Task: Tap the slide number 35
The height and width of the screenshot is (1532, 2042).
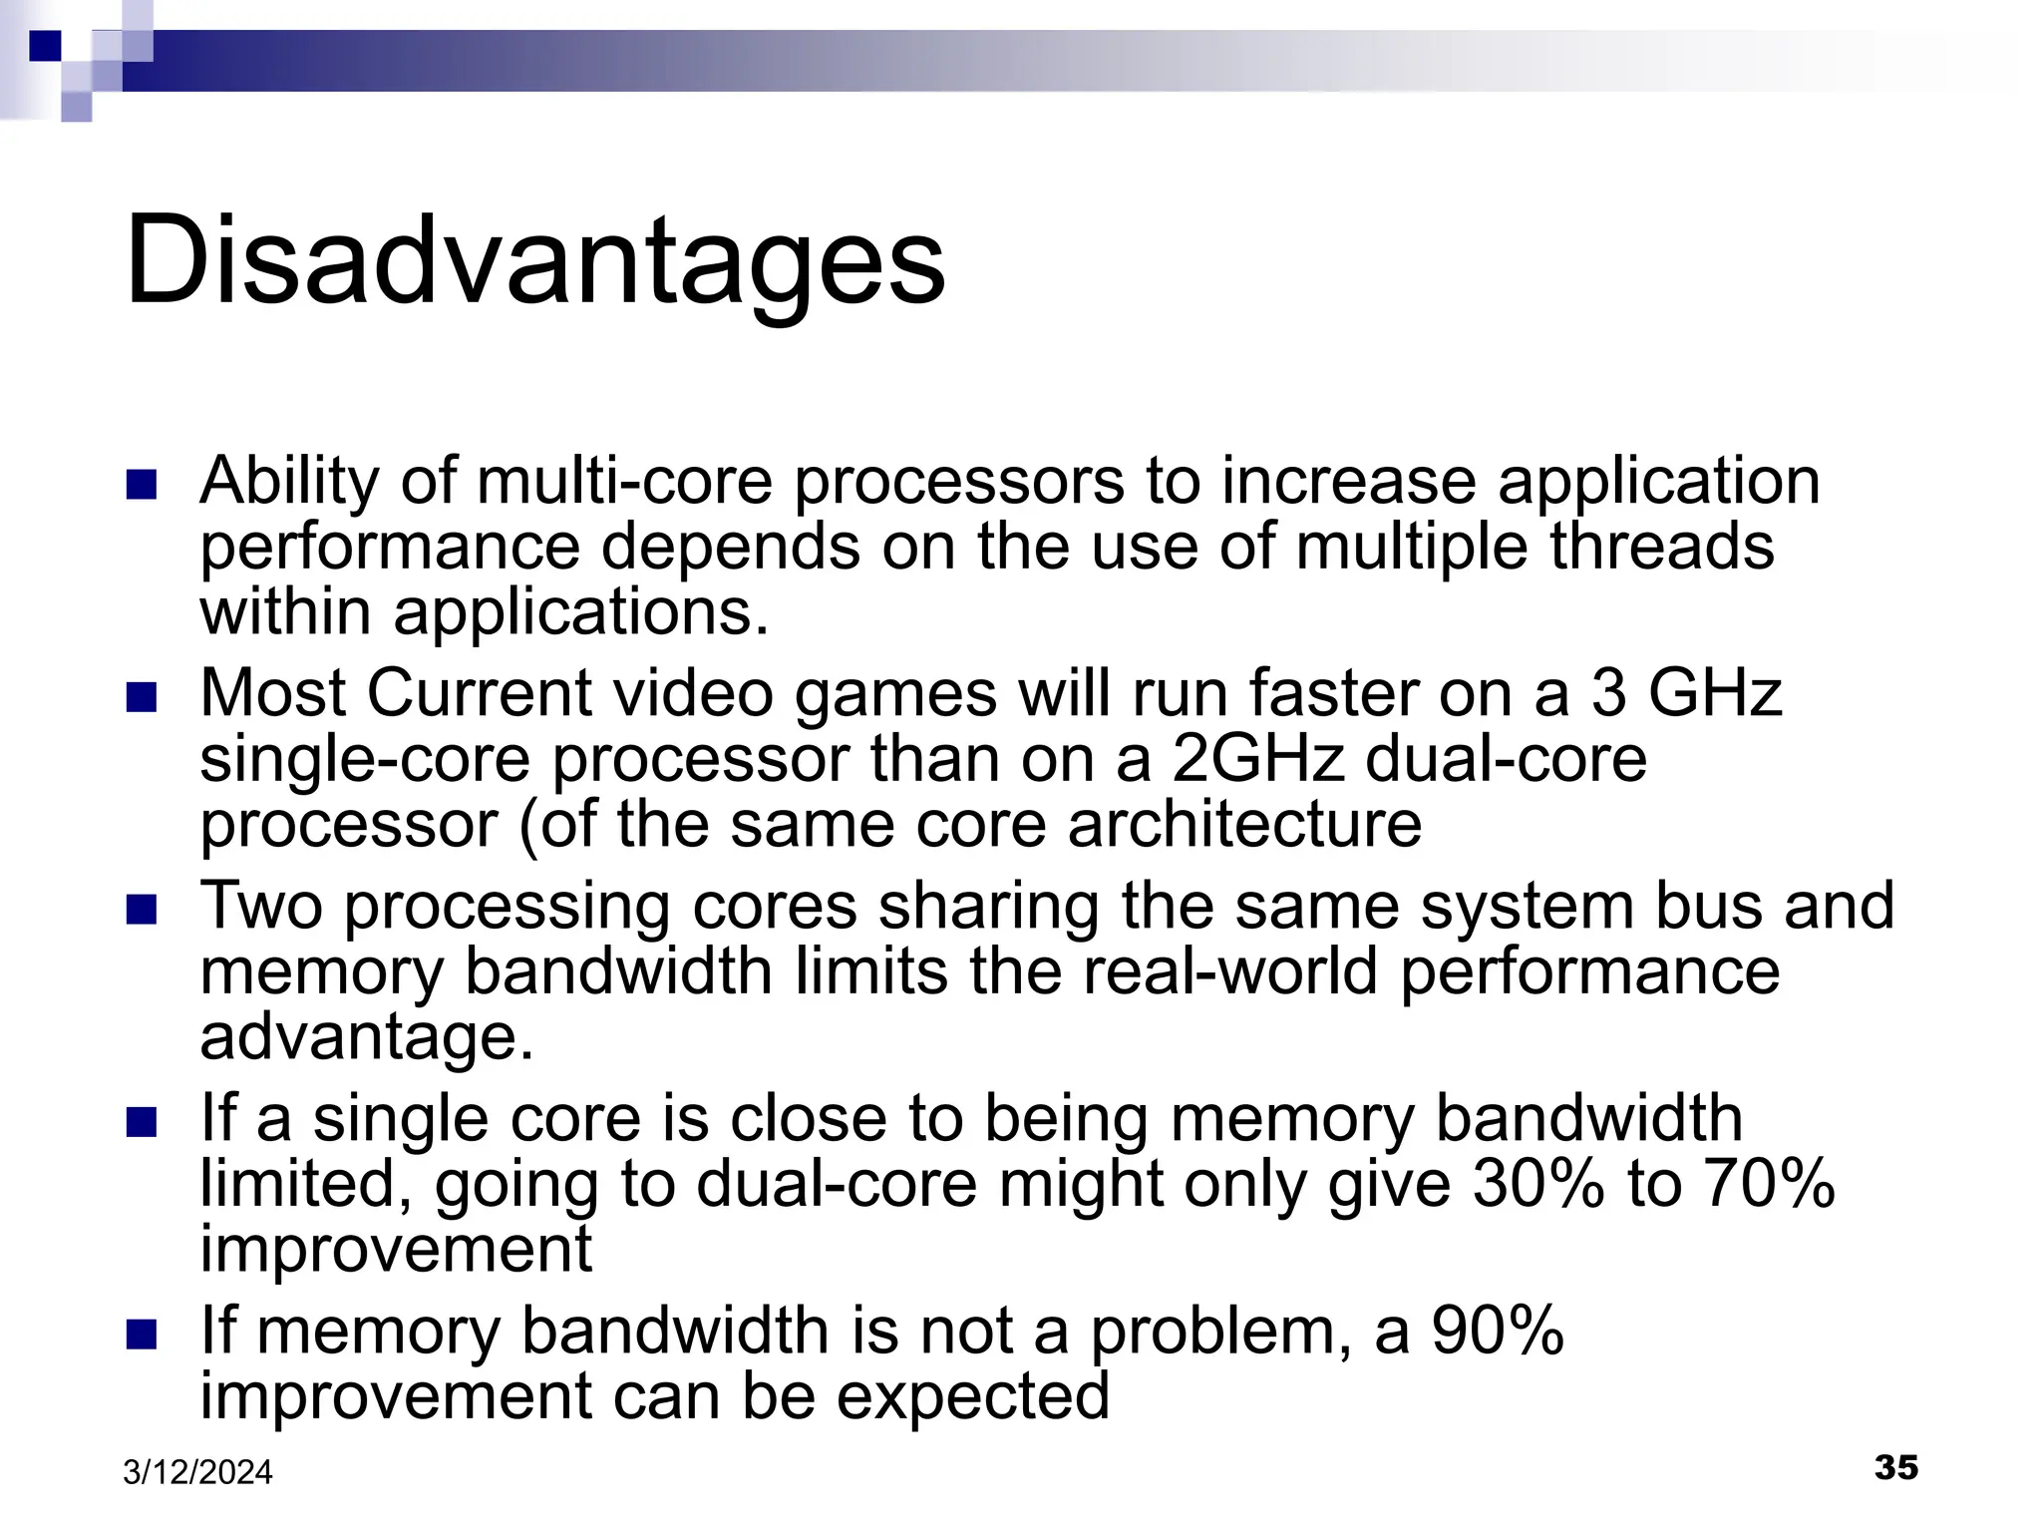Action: [1895, 1467]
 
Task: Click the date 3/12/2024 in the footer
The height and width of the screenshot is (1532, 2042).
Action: [197, 1472]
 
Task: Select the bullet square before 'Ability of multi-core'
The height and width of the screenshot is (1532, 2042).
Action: [143, 486]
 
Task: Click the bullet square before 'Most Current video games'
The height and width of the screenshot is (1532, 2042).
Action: [143, 698]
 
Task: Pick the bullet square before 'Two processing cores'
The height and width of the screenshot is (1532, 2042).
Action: [143, 911]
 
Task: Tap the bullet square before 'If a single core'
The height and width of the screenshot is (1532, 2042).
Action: [143, 1123]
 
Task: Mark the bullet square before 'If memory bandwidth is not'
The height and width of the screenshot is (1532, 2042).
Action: [143, 1336]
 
